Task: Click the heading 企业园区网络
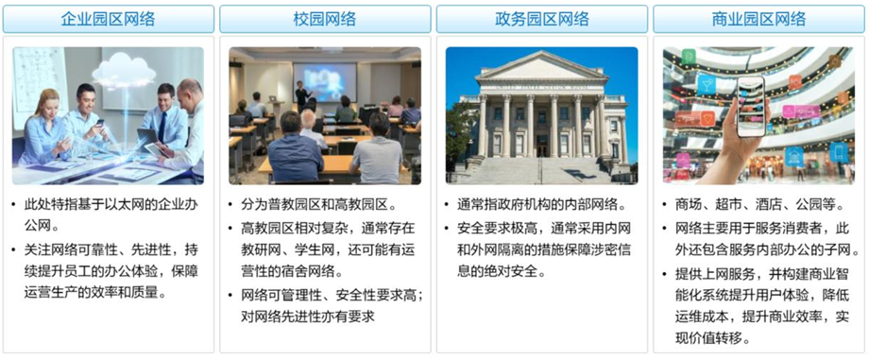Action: point(108,20)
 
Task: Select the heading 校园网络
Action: point(325,20)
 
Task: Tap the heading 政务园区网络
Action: point(541,20)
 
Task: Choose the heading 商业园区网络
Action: point(758,20)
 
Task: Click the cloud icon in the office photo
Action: point(124,71)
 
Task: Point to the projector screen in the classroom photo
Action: point(325,82)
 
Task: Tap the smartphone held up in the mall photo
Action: point(751,106)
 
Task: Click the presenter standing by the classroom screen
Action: point(301,96)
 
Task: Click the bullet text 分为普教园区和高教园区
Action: point(318,205)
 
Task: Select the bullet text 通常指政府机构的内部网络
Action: point(541,205)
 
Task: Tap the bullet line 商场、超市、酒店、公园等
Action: point(759,205)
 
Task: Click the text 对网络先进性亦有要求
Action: point(308,317)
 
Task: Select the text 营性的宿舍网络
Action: point(292,272)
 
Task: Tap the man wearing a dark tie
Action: point(164,116)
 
